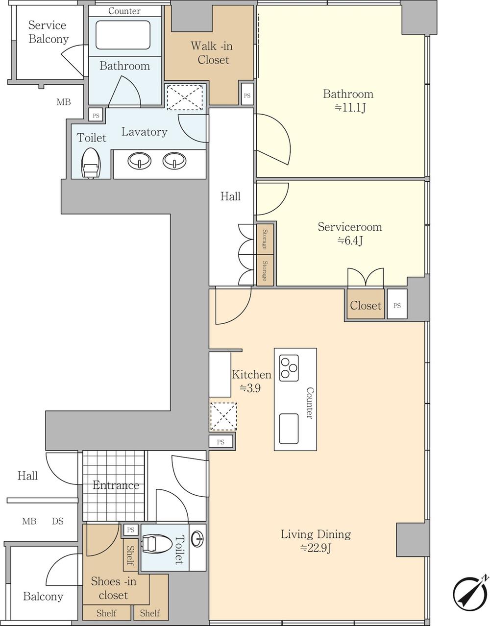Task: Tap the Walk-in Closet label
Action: [x=212, y=53]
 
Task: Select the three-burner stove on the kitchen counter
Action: [x=289, y=368]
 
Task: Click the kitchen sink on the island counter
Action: [x=289, y=429]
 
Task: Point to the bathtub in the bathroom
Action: [x=123, y=35]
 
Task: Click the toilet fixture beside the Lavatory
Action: [x=91, y=163]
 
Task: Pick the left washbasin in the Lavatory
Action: [x=139, y=160]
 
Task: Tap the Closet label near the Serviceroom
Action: [x=366, y=305]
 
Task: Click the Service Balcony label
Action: [x=48, y=32]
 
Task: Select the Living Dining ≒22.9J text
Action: [x=316, y=541]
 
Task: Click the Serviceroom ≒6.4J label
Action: [x=350, y=233]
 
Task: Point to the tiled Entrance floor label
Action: [x=116, y=485]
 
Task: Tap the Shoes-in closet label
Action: [x=114, y=588]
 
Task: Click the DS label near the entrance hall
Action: [x=58, y=521]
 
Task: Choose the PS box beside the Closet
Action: [x=397, y=304]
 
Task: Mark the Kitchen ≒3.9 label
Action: [x=251, y=381]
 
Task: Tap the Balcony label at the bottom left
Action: [x=43, y=596]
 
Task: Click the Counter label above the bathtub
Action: [x=124, y=11]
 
